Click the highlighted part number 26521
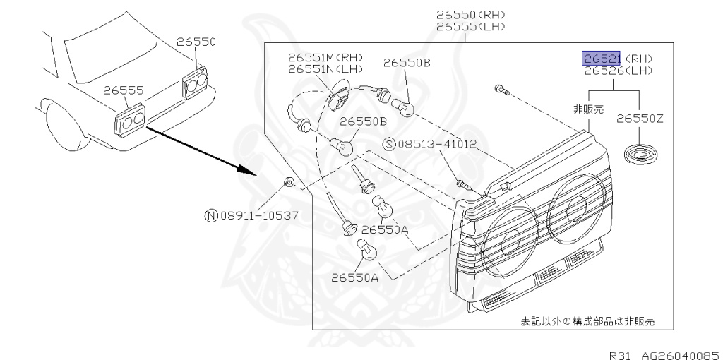pyautogui.click(x=601, y=58)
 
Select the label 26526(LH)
pyautogui.click(x=618, y=71)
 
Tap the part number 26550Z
pyautogui.click(x=640, y=119)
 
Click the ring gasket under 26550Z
pyautogui.click(x=640, y=153)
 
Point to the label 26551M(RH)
pyautogui.click(x=325, y=57)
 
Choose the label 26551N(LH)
pyautogui.click(x=325, y=69)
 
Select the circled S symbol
pyautogui.click(x=388, y=144)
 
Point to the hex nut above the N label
pyautogui.click(x=288, y=183)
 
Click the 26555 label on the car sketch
pyautogui.click(x=123, y=90)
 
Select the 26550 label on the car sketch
pyautogui.click(x=196, y=42)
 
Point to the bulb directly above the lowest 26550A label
pyautogui.click(x=369, y=249)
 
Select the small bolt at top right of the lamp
pyautogui.click(x=500, y=90)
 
